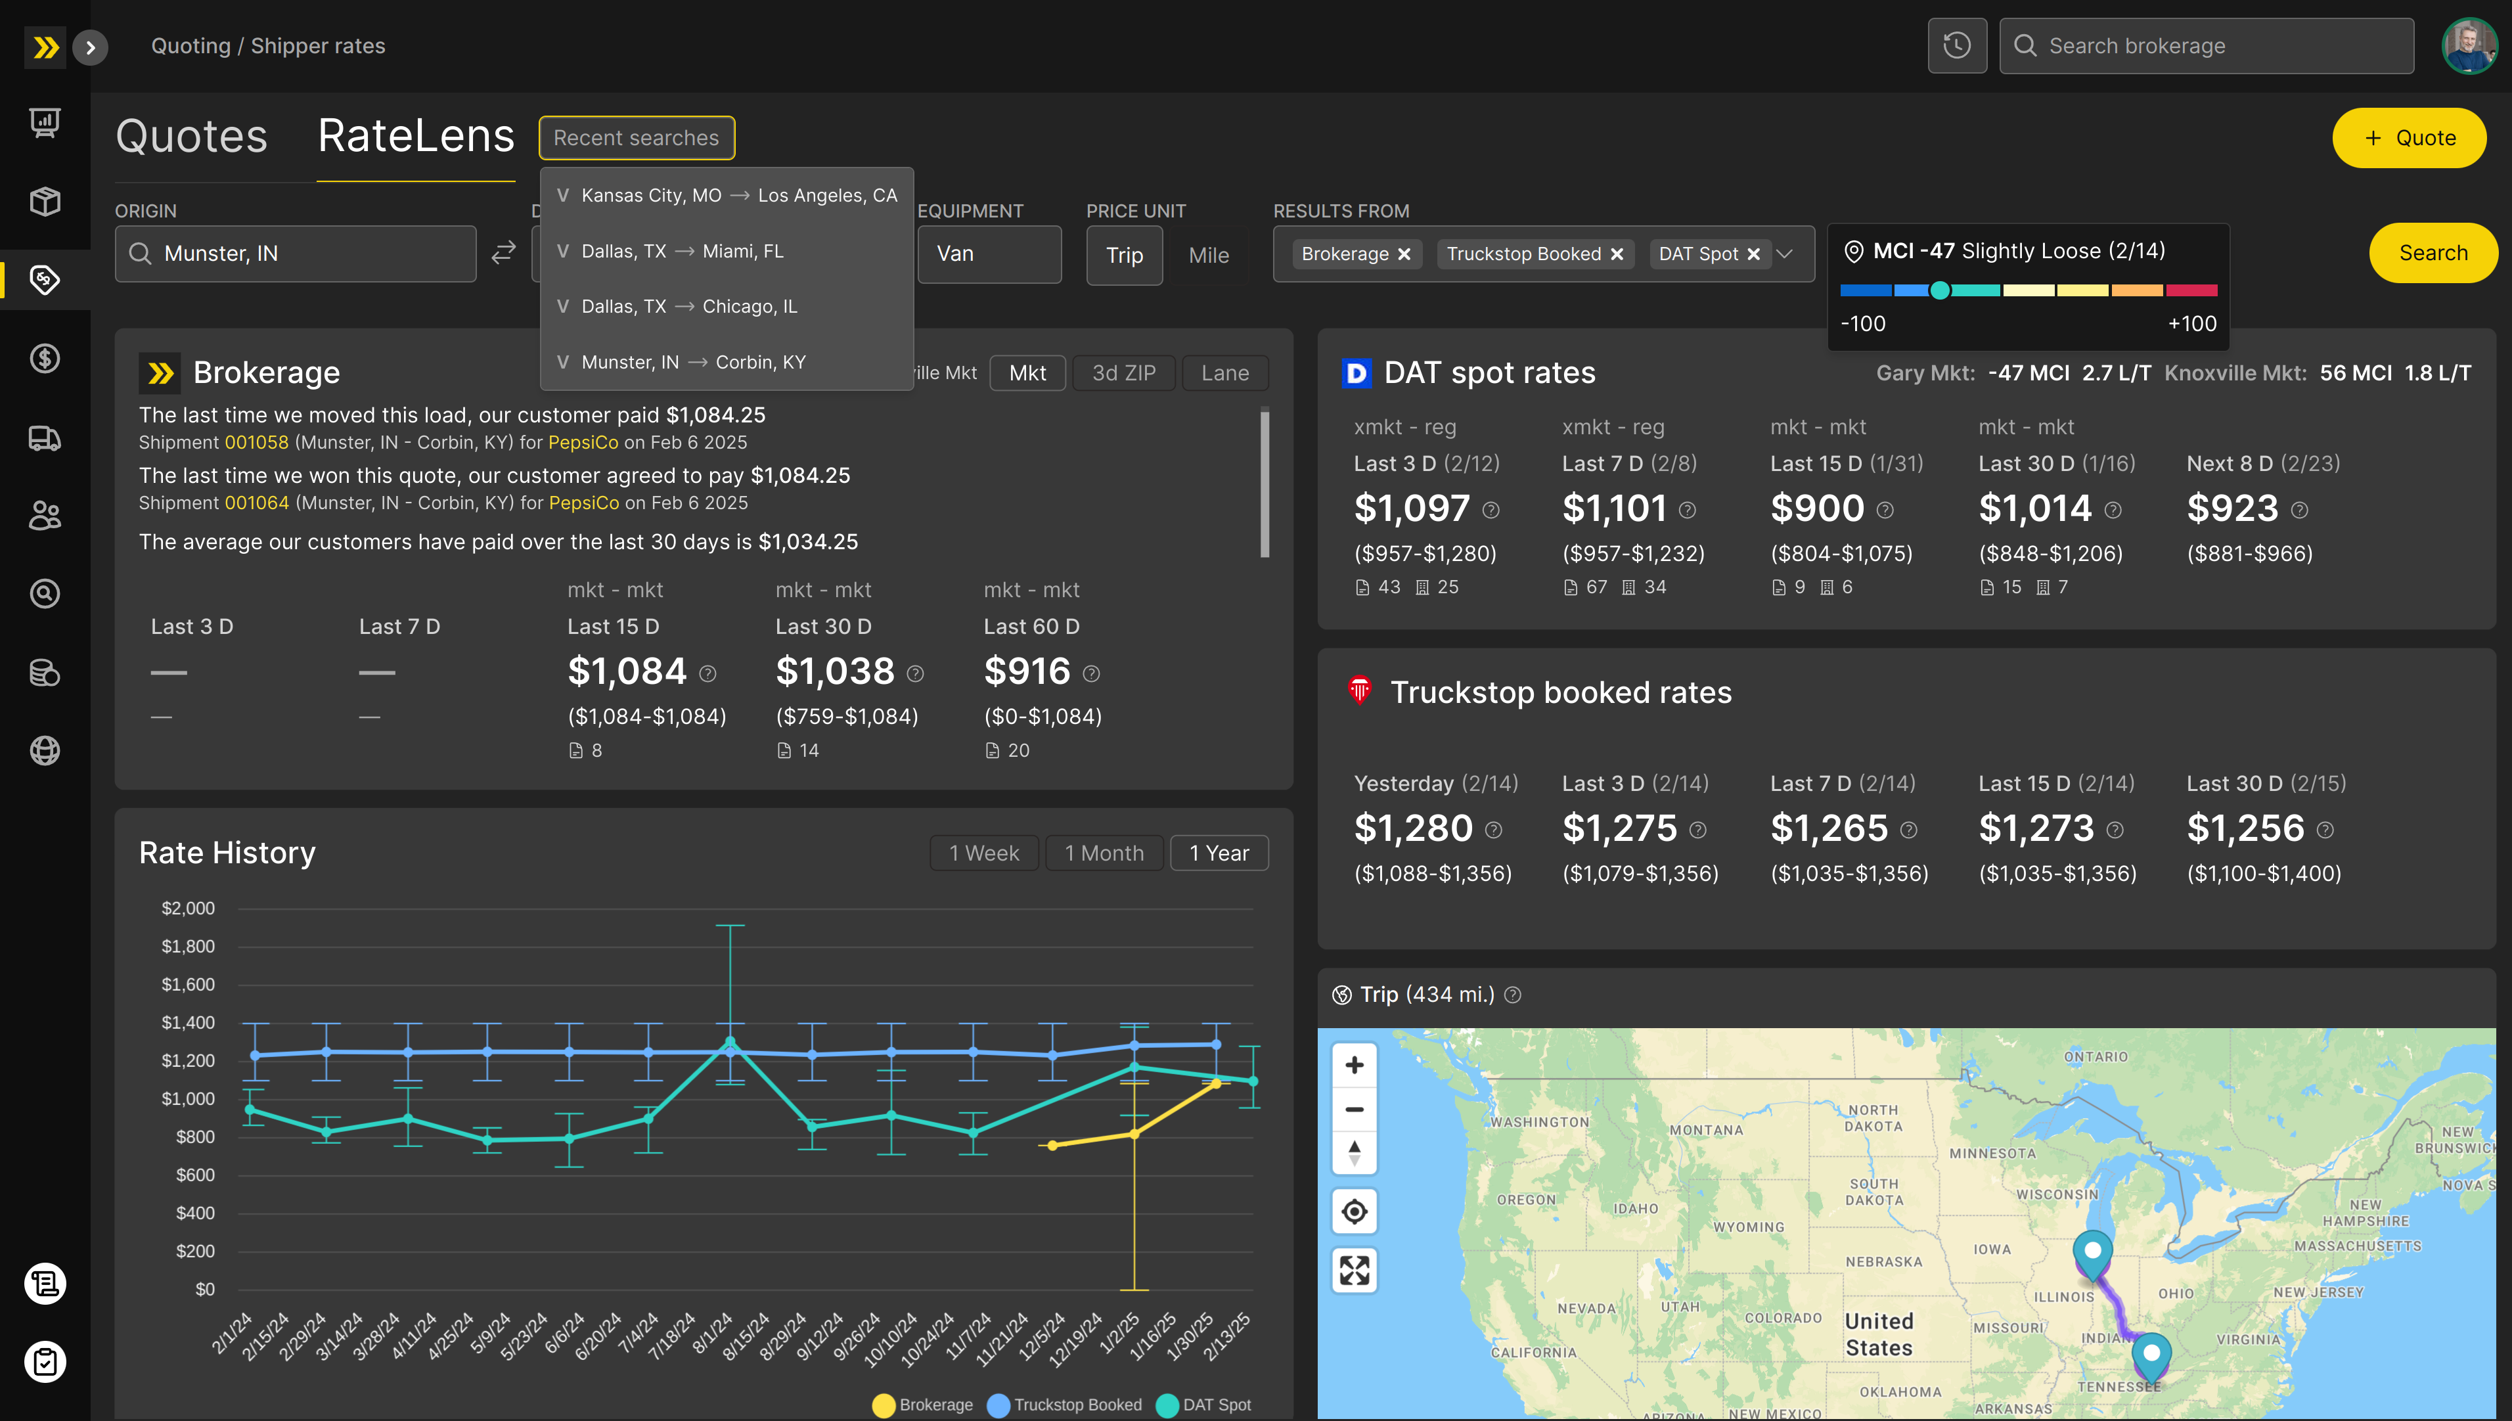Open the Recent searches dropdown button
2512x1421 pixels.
coord(637,137)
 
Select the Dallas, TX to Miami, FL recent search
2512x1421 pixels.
coord(683,251)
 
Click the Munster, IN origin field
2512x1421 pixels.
coord(296,254)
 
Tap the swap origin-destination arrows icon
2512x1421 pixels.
coord(504,254)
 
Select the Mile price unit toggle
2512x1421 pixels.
coord(1208,256)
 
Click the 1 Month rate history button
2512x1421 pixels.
coord(1104,853)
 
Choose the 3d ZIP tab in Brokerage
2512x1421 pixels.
coord(1123,372)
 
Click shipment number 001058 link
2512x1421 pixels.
coord(257,442)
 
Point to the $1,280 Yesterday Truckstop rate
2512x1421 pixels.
coord(1413,828)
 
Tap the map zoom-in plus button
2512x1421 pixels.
coord(1355,1065)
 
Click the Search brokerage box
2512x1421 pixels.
coord(2206,46)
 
